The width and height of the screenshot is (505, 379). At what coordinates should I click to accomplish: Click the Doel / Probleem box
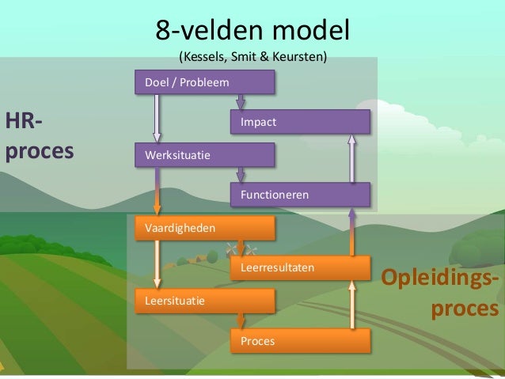205,82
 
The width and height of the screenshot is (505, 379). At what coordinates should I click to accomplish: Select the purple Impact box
300,122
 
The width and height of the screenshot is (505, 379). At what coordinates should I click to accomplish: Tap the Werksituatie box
205,155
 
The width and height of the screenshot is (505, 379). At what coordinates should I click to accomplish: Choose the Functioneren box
300,194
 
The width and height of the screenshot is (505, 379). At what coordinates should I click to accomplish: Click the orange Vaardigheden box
205,227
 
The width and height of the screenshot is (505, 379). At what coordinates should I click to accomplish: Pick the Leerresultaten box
300,267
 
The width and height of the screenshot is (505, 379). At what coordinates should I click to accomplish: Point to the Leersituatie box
205,301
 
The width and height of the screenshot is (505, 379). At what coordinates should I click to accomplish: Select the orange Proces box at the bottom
300,340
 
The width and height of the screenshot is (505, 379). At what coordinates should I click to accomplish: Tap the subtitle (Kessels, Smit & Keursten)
252,57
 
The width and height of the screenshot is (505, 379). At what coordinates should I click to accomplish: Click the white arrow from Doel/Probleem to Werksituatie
158,119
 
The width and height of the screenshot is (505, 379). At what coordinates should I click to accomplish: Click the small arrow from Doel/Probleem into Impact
241,102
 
